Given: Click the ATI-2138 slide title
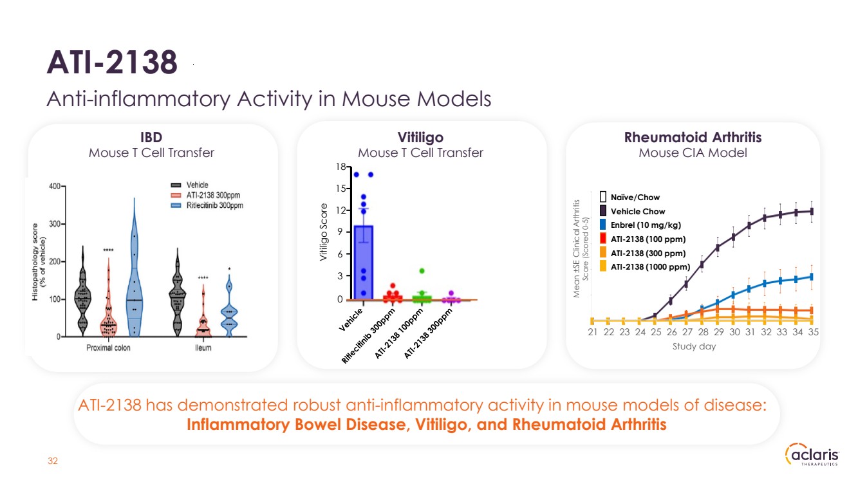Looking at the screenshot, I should (112, 63).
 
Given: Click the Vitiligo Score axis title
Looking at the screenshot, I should (324, 233).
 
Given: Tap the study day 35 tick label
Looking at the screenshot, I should (813, 332).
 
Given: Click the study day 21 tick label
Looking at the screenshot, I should (592, 332).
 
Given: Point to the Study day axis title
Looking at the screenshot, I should (694, 346).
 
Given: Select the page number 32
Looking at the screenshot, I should (53, 461).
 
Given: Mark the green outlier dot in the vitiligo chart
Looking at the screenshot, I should (422, 271).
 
